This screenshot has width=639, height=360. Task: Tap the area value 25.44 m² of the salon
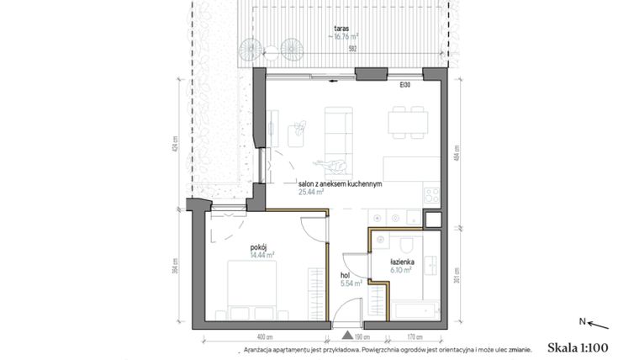[311, 192]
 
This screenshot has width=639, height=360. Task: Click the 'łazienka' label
[401, 262]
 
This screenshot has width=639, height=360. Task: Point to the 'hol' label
[345, 274]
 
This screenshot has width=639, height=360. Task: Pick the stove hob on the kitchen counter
[432, 196]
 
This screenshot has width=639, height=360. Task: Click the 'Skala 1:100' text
[577, 347]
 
